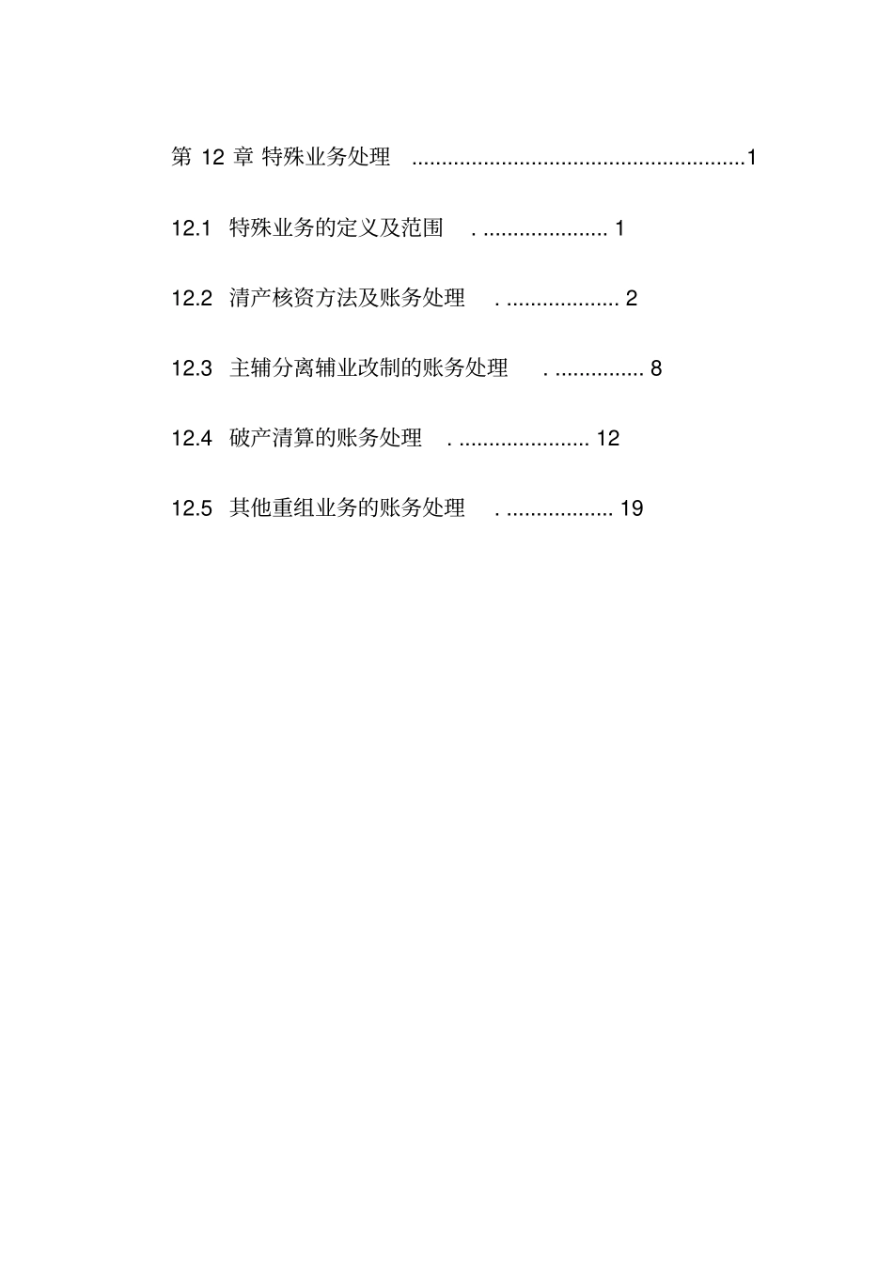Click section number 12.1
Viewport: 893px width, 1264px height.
(x=191, y=228)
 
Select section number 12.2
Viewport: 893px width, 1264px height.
(x=191, y=299)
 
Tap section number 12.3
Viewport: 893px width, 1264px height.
(x=191, y=368)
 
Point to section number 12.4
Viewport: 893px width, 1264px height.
(x=191, y=439)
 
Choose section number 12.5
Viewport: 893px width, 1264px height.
(x=191, y=509)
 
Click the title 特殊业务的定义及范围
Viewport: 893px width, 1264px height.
(x=336, y=227)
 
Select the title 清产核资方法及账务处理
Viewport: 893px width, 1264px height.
(x=347, y=298)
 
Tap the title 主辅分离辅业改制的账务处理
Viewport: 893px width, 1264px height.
(x=368, y=367)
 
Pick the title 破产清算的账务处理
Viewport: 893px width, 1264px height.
(x=325, y=438)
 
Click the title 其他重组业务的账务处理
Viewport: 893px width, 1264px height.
(x=347, y=508)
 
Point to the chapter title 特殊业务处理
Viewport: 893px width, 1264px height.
(x=325, y=157)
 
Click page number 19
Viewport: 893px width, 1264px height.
(x=632, y=509)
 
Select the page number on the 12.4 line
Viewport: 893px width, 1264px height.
(x=608, y=439)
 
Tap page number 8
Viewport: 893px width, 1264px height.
(x=656, y=368)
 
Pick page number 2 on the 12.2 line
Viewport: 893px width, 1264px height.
(x=632, y=299)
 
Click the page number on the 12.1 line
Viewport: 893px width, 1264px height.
(x=619, y=228)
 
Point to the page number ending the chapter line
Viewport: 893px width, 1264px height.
(x=752, y=158)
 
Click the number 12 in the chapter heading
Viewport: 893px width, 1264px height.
(x=213, y=158)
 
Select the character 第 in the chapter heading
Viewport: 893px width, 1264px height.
(x=181, y=157)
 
